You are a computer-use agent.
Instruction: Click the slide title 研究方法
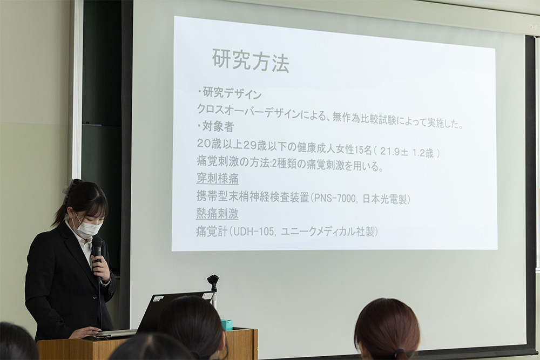pyautogui.click(x=250, y=60)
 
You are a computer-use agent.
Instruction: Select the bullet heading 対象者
pyautogui.click(x=218, y=127)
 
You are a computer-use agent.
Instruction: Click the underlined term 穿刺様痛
pyautogui.click(x=217, y=179)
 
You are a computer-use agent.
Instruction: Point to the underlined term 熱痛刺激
pyautogui.click(x=217, y=214)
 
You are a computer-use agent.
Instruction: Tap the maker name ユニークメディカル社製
pyautogui.click(x=329, y=232)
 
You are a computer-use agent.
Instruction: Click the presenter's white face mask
pyautogui.click(x=87, y=228)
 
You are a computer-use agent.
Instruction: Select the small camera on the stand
pyautogui.click(x=213, y=281)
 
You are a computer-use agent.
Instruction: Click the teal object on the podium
pyautogui.click(x=227, y=324)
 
